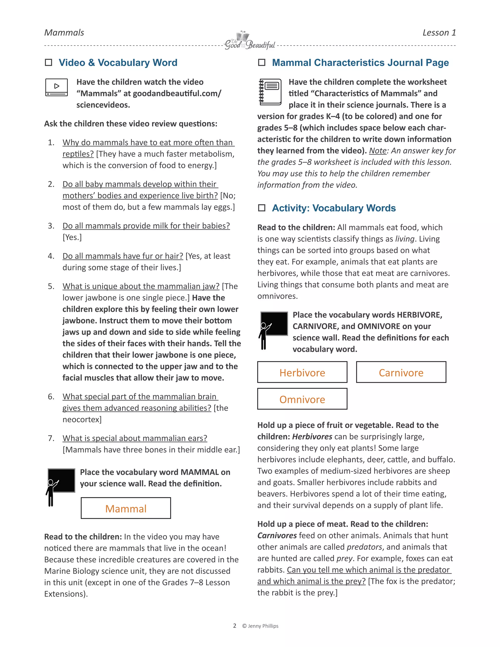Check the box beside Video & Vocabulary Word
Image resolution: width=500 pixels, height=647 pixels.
49,63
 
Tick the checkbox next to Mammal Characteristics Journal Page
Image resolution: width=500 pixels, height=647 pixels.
261,63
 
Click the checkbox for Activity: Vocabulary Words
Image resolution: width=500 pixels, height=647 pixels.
261,208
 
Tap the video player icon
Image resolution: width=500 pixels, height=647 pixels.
57,87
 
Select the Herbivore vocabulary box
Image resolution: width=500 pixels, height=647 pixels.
302,372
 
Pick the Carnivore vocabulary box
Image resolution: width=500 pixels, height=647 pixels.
401,372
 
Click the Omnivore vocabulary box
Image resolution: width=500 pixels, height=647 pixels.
302,399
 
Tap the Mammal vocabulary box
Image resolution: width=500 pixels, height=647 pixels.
126,508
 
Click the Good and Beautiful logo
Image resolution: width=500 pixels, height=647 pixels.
250,41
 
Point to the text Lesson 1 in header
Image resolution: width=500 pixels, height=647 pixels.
439,32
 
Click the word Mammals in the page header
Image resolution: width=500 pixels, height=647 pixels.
64,32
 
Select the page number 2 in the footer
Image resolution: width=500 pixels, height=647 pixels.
235,626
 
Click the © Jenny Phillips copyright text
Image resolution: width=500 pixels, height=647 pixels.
260,626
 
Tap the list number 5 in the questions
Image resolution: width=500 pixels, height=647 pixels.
51,286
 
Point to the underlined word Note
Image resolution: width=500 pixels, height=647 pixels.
378,151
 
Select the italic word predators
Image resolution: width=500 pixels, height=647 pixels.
364,547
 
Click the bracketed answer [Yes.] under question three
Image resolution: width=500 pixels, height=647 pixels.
72,237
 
